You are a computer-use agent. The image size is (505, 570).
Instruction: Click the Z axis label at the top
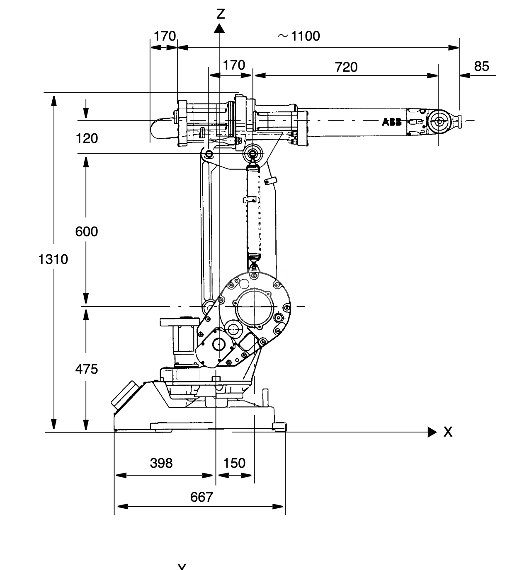221,14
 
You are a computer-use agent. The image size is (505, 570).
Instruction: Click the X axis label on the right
448,432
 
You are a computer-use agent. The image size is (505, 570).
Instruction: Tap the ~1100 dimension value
299,36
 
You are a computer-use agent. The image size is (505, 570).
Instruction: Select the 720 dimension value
346,67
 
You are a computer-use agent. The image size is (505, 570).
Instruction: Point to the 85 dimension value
482,66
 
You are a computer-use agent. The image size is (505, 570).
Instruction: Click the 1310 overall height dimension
53,259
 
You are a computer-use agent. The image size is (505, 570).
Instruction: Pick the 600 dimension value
87,232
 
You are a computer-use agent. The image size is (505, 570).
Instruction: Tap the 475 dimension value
87,369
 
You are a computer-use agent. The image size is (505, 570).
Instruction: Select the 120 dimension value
87,138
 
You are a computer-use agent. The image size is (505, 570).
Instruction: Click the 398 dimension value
161,463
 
